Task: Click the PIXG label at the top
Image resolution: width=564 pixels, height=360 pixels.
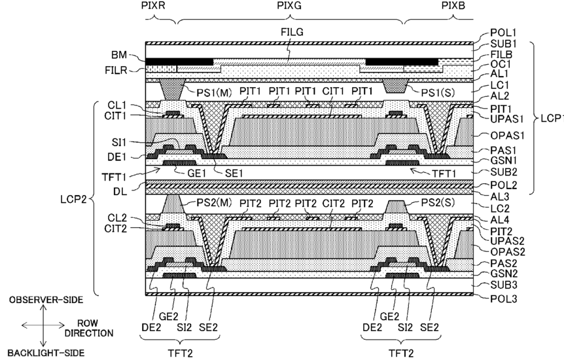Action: coord(289,6)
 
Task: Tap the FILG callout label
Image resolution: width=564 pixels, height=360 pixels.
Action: coord(292,33)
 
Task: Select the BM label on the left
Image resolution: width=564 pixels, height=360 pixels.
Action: coord(119,55)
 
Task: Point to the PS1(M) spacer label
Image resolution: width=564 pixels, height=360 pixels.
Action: coord(214,92)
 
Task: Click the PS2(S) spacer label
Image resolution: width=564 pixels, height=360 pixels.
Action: coord(438,203)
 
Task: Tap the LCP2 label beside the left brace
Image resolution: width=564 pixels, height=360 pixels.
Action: coord(73,199)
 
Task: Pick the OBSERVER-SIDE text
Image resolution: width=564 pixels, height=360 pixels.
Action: coord(46,300)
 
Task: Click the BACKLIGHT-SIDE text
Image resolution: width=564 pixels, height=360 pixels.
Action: coord(46,353)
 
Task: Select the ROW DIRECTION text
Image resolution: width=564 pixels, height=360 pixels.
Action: coord(89,328)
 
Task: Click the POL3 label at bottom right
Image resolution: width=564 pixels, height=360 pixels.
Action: coord(504,298)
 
